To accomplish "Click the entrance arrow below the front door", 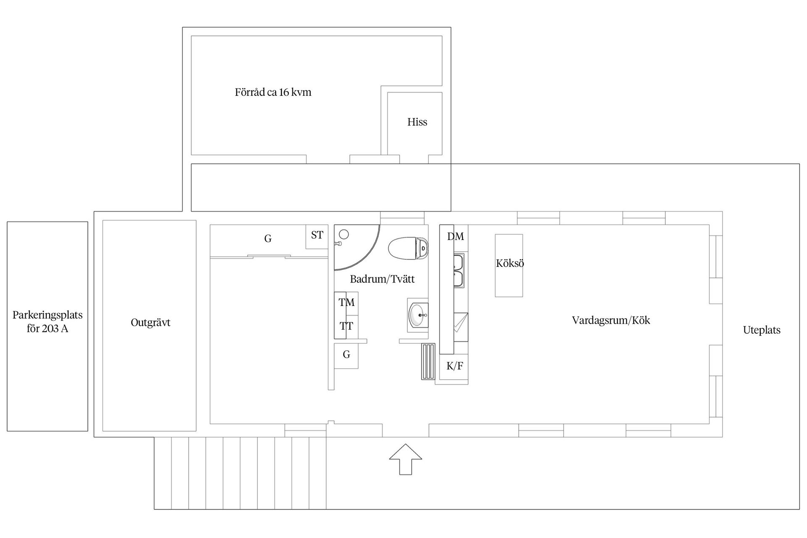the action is pos(406,459).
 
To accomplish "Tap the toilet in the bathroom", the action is pos(408,248).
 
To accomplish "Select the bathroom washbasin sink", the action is pos(418,315).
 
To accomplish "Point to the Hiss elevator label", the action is pos(417,122).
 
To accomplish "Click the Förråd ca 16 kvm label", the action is pos(273,92).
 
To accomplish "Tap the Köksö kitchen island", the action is pos(509,266).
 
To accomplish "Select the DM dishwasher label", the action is pos(456,237).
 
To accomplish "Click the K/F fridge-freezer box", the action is pos(454,367).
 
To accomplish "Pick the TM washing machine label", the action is pos(347,302).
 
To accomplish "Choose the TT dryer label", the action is pos(347,326).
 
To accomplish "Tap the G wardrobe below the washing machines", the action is pos(346,356).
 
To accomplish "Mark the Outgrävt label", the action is pos(150,323).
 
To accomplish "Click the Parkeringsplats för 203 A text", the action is pos(47,322).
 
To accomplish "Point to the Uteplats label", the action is pos(762,330).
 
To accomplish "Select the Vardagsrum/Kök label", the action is pos(611,321).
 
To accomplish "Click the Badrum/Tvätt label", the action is pos(382,279).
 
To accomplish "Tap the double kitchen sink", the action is pos(458,270).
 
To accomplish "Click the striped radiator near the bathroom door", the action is pos(428,362).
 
